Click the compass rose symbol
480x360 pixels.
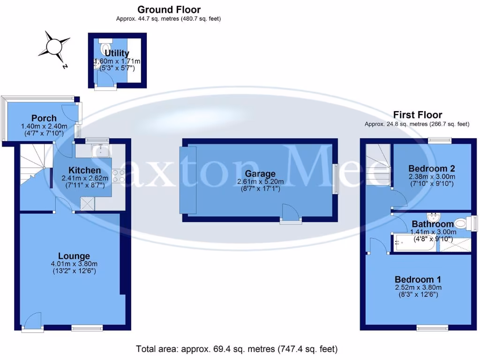click(53, 46)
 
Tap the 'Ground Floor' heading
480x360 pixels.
click(169, 9)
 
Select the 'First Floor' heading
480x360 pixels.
click(417, 115)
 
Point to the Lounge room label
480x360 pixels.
click(74, 256)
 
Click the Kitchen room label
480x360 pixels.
click(84, 170)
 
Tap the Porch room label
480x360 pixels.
click(44, 118)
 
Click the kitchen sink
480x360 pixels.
click(101, 150)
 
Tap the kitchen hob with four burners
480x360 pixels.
click(118, 175)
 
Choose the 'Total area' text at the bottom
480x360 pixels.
click(237, 349)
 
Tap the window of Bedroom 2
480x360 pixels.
click(440, 140)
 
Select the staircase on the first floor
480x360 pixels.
click(378, 164)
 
